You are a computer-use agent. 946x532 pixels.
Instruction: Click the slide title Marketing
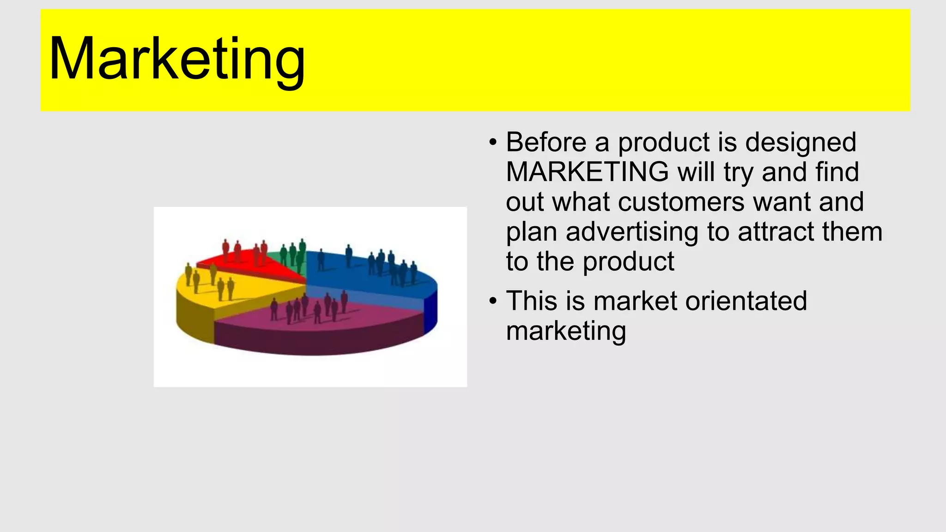(x=177, y=60)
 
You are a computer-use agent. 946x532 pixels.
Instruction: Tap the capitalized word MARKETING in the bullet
(x=587, y=172)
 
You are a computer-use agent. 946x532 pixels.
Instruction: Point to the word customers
(x=681, y=202)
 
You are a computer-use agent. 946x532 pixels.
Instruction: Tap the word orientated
(x=746, y=301)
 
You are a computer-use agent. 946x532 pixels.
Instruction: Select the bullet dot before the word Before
(x=493, y=142)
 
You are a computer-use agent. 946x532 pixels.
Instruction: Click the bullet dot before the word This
(x=493, y=302)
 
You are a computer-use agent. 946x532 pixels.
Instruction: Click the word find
(x=837, y=172)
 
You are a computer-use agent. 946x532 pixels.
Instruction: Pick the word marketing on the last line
(x=566, y=331)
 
